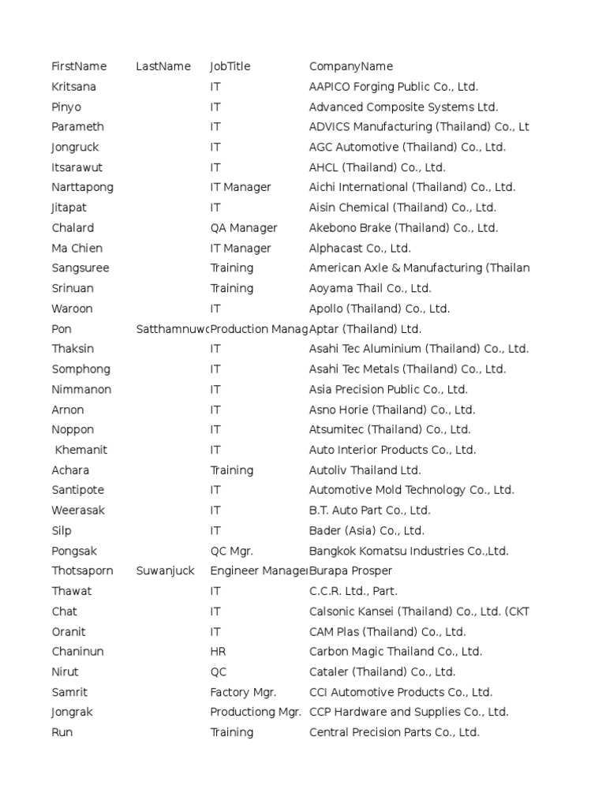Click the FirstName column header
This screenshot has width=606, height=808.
click(x=79, y=66)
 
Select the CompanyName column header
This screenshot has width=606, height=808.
click(x=350, y=66)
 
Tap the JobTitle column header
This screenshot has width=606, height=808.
click(x=230, y=66)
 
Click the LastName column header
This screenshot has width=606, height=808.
click(x=163, y=66)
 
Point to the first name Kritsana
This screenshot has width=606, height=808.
click(x=73, y=87)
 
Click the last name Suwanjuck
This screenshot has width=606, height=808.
click(x=165, y=570)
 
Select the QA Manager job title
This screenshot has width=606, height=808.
click(x=244, y=228)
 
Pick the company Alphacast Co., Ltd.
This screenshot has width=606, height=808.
click(x=360, y=248)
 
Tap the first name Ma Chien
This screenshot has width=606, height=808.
click(x=77, y=248)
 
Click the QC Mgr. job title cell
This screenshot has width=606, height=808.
click(x=231, y=551)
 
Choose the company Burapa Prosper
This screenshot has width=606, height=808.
click(x=350, y=570)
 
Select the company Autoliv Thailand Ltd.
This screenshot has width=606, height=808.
click(x=365, y=470)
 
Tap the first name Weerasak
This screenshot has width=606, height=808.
click(x=78, y=511)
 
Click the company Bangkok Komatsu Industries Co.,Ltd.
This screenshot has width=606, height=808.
click(x=409, y=551)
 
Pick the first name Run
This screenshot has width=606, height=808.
click(x=62, y=732)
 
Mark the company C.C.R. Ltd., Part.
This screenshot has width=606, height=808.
click(x=353, y=591)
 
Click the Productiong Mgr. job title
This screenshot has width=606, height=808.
click(x=256, y=712)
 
